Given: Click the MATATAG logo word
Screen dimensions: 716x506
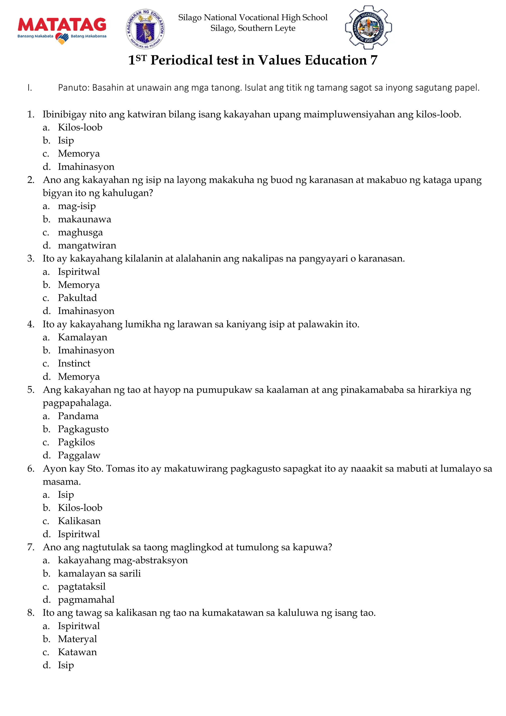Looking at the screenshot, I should coord(62,25).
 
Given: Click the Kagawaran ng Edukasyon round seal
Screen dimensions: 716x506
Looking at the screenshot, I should coord(145,29).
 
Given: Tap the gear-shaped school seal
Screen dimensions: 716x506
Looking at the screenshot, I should coord(369,27).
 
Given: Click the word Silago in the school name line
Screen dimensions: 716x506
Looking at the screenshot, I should coord(190,18).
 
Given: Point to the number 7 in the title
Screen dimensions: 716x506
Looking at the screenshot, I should coord(374,60).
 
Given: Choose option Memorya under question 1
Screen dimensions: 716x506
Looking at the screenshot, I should coord(79,153).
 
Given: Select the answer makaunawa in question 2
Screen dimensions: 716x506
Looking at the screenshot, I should coord(84,219).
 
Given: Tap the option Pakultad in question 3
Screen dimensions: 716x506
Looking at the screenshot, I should coord(77,298).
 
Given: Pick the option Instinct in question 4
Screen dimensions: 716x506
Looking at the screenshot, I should coord(74,363).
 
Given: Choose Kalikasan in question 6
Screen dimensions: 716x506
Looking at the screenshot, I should coord(79,521).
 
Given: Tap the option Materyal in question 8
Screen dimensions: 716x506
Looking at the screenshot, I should coord(77,639).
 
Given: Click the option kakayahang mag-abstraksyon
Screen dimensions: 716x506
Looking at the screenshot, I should coord(123,560).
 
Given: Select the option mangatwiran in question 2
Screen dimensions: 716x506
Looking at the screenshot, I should coord(87,245).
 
